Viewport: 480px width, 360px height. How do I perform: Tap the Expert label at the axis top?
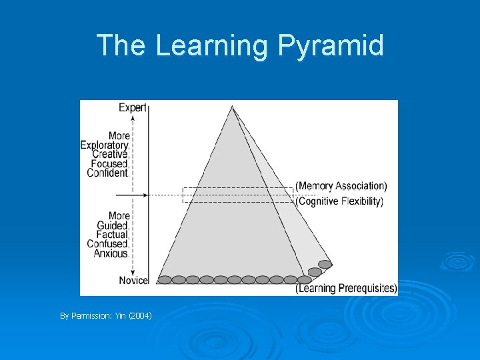click(x=133, y=107)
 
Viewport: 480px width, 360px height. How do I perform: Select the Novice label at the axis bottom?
click(x=133, y=280)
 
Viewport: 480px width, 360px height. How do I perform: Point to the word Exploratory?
click(x=105, y=145)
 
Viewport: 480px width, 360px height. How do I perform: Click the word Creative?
click(x=109, y=154)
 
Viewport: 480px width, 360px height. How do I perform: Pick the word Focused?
click(x=109, y=163)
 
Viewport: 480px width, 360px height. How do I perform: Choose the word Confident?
click(x=107, y=173)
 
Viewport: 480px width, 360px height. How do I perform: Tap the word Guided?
click(x=113, y=225)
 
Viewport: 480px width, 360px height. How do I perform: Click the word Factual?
click(x=112, y=235)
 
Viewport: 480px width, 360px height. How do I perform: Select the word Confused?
click(x=107, y=244)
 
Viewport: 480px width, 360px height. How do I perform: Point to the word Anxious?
click(x=111, y=253)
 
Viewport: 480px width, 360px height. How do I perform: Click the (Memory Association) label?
click(x=341, y=186)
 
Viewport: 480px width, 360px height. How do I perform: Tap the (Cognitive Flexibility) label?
click(x=339, y=201)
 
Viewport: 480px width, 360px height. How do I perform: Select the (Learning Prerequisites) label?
click(x=346, y=289)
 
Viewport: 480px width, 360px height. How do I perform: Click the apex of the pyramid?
click(x=232, y=107)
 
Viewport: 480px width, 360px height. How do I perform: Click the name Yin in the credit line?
click(x=123, y=315)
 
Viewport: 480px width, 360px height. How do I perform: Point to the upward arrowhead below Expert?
click(x=133, y=117)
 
